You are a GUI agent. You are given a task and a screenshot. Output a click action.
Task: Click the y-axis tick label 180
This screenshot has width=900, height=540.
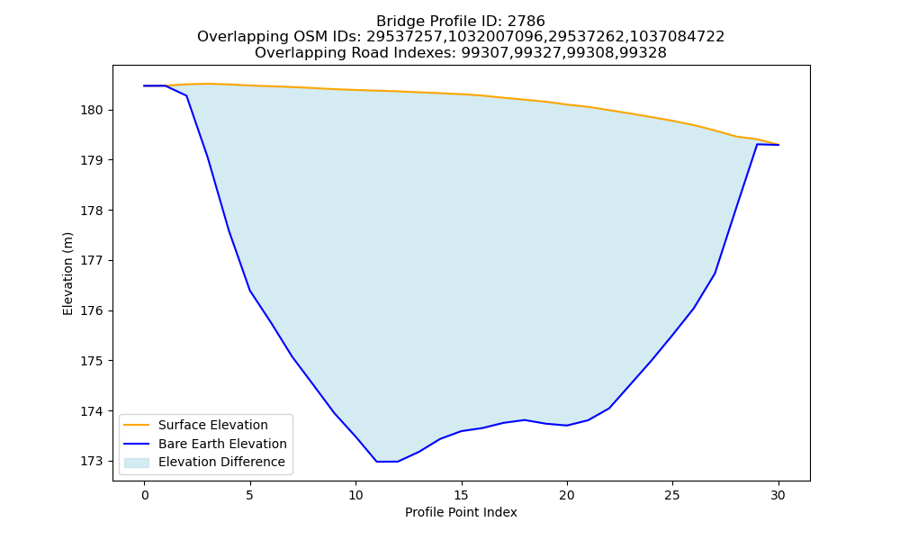pyautogui.click(x=92, y=110)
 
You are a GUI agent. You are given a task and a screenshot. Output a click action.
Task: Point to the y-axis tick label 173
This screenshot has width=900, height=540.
pyautogui.click(x=92, y=462)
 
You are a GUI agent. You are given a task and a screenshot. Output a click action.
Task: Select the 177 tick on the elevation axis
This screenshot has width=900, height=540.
pyautogui.click(x=92, y=260)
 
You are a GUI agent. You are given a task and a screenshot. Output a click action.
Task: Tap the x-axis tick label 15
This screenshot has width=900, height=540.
pyautogui.click(x=462, y=495)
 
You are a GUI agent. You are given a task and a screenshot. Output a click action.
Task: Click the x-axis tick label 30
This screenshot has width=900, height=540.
pyautogui.click(x=778, y=495)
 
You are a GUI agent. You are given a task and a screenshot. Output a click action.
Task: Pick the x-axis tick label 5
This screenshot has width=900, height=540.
pyautogui.click(x=250, y=495)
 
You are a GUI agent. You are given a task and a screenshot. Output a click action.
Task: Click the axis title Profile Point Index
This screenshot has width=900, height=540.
pyautogui.click(x=461, y=512)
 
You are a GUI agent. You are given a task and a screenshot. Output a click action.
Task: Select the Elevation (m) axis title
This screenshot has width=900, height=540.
pyautogui.click(x=67, y=274)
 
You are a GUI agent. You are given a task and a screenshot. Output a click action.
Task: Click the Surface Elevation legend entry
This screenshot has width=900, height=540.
pyautogui.click(x=213, y=425)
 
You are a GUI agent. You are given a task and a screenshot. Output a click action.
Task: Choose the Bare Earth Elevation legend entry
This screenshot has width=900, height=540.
pyautogui.click(x=222, y=444)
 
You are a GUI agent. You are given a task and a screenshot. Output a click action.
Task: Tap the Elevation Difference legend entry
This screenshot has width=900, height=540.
pyautogui.click(x=221, y=462)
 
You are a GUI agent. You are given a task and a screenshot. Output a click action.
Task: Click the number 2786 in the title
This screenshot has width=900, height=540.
pyautogui.click(x=526, y=22)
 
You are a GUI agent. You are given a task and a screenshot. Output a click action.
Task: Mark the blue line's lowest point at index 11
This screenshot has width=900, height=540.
pyautogui.click(x=377, y=462)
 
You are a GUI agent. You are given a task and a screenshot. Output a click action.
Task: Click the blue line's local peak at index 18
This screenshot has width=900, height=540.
pyautogui.click(x=525, y=420)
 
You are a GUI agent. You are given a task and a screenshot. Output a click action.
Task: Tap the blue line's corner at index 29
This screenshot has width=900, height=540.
pyautogui.click(x=757, y=144)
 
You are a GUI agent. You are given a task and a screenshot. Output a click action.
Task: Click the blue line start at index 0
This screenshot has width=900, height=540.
pyautogui.click(x=145, y=85)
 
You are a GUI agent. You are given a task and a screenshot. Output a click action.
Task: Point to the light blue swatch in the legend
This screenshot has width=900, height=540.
pyautogui.click(x=137, y=463)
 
